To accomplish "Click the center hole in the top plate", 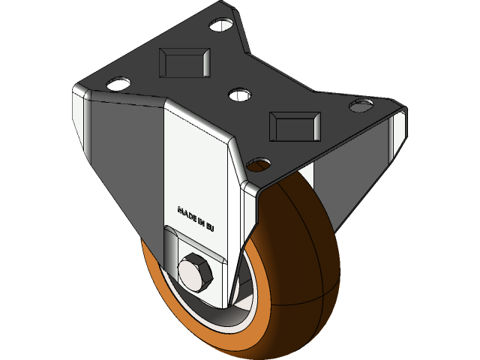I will [238, 95].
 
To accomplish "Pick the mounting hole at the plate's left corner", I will [118, 83].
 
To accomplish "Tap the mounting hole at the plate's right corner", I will [363, 103].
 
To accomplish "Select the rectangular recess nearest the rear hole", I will [183, 61].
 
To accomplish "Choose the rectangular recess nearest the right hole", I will [295, 124].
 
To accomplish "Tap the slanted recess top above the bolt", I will [191, 244].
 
